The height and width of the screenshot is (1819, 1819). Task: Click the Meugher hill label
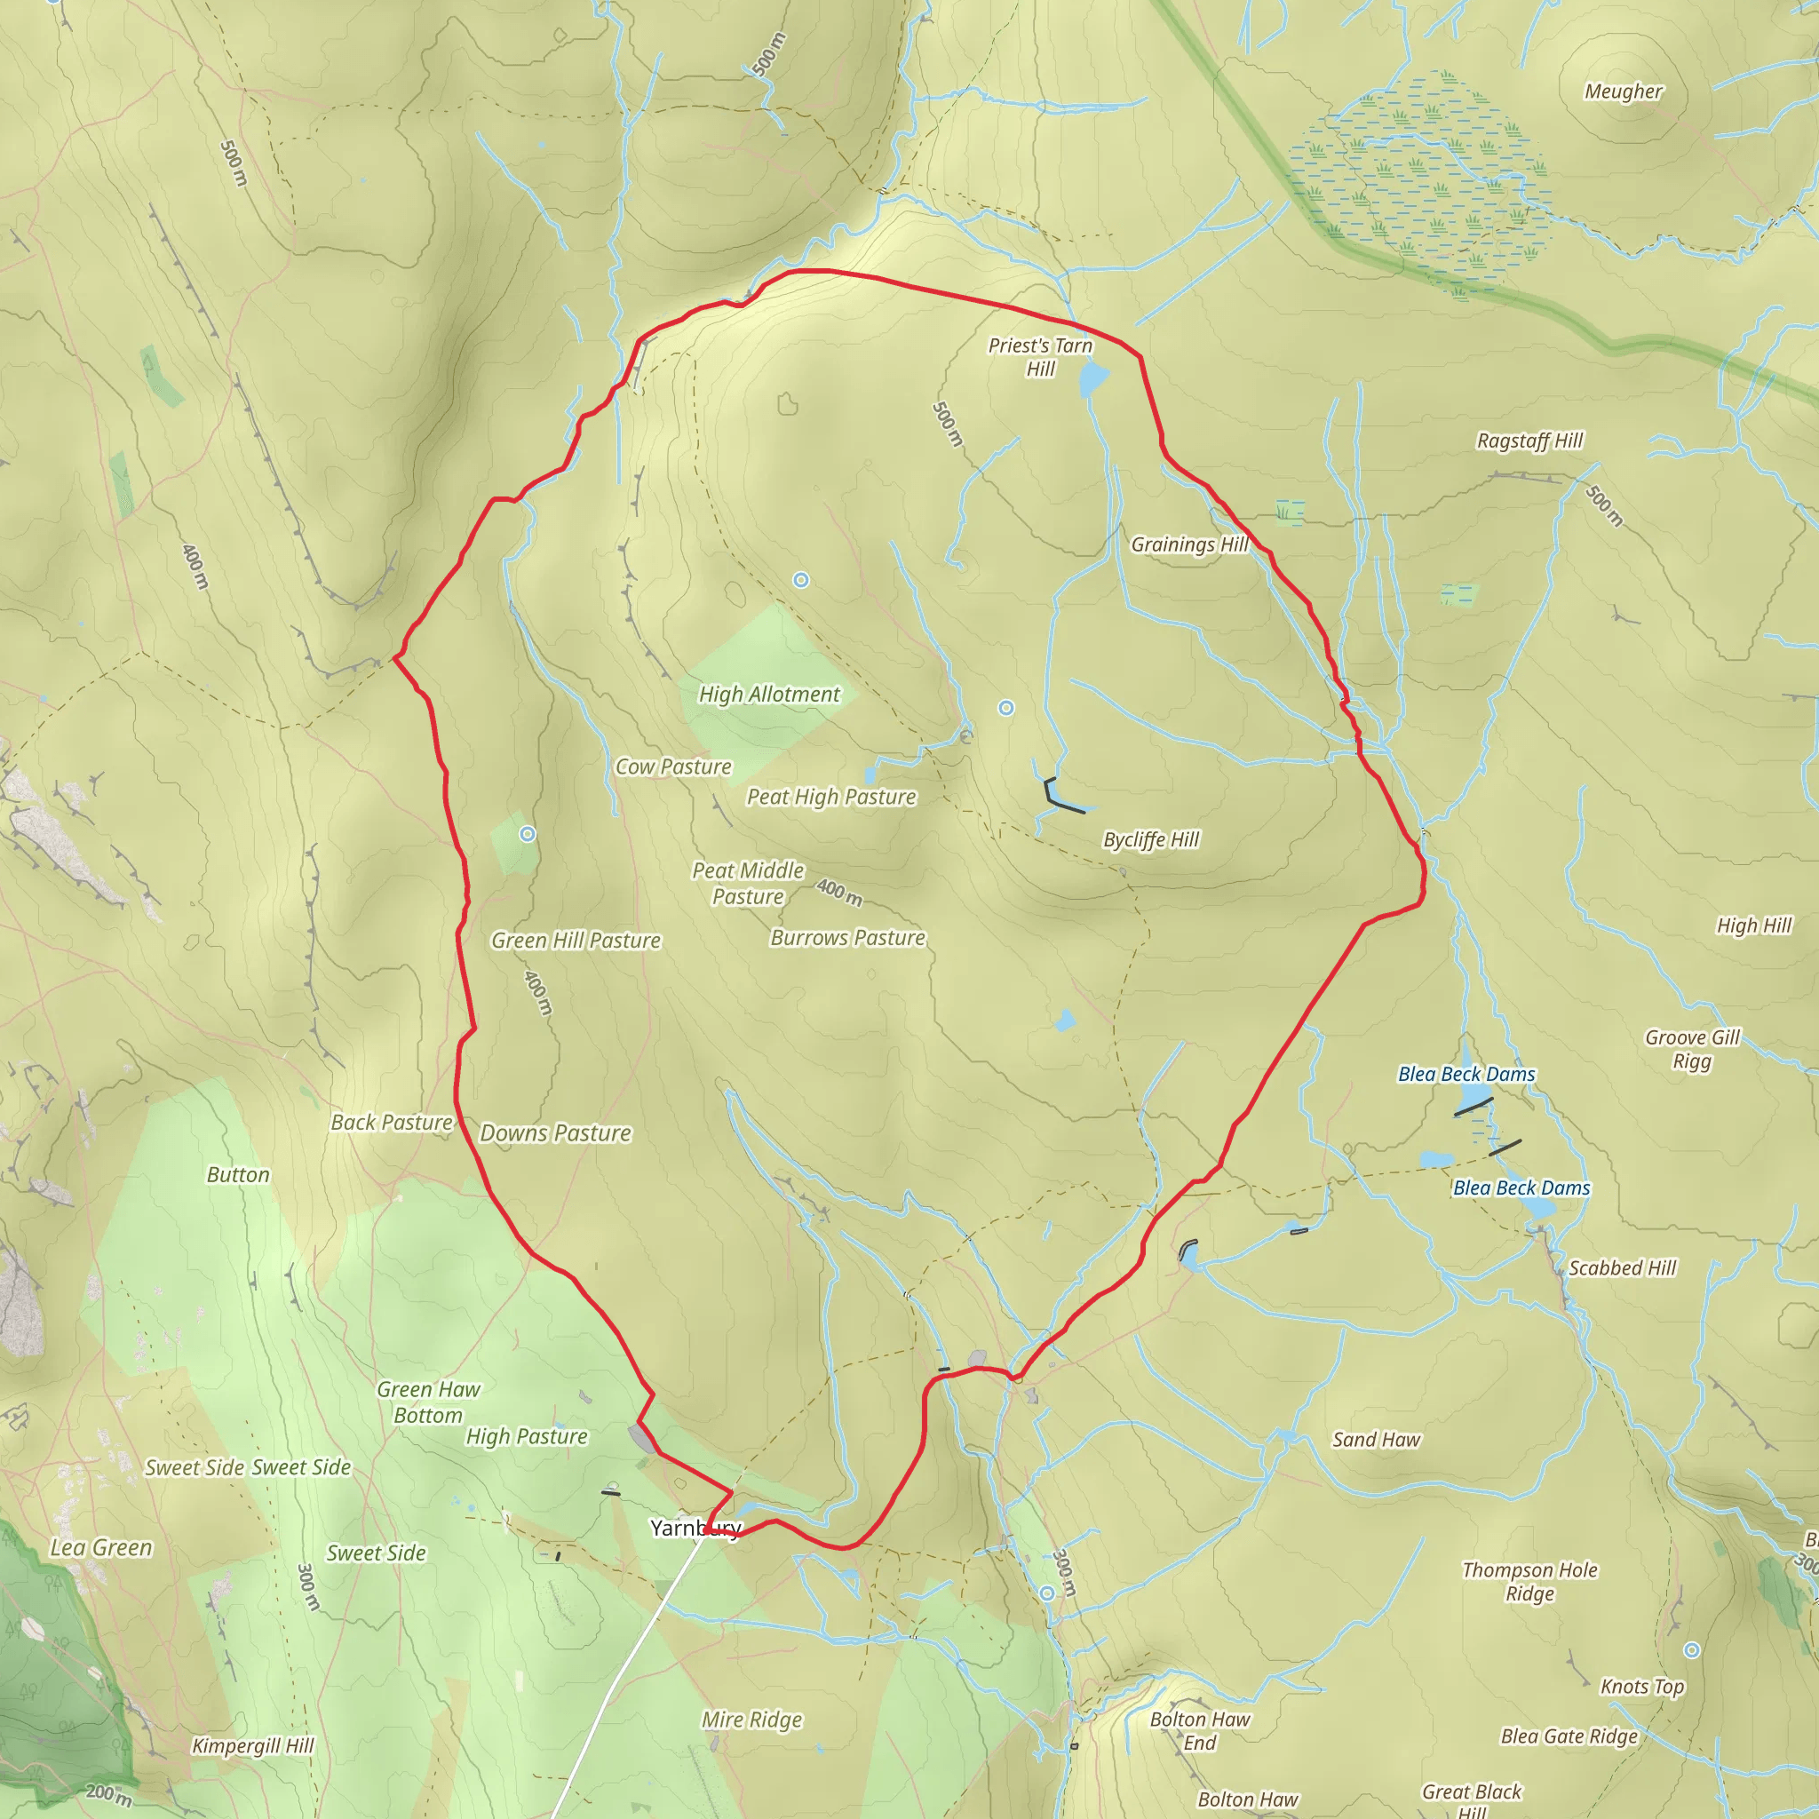1624,91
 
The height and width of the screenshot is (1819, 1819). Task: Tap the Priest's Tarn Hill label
1039,357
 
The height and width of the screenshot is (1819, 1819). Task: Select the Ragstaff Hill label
1529,441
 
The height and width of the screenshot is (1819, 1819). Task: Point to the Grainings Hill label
1189,544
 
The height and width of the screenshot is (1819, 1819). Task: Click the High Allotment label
769,694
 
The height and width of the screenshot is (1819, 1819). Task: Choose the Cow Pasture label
673,767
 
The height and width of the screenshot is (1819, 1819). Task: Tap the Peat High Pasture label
831,797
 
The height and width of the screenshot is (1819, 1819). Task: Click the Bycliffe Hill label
1150,838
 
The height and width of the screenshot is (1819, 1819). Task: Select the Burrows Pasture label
847,938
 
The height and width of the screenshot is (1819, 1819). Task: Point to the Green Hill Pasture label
576,941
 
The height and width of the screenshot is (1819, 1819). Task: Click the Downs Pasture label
555,1132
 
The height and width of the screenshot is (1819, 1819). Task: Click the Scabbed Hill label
1622,1268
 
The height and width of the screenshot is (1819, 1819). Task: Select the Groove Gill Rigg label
1692,1049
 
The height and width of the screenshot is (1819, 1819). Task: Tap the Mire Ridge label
751,1720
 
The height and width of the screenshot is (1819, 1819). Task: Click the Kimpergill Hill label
252,1745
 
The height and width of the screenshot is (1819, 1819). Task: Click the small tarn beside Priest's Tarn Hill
1093,379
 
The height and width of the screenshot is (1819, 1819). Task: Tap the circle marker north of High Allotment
800,580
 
